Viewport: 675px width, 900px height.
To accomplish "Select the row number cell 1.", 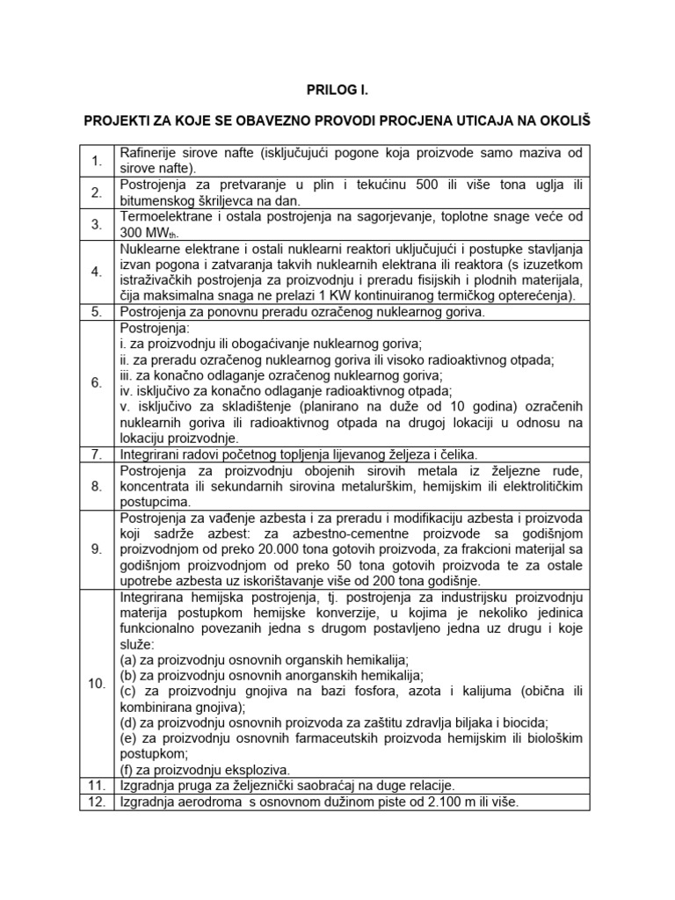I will [x=97, y=160].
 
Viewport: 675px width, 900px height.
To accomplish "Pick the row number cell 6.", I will [x=97, y=382].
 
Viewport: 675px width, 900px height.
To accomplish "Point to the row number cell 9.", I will [x=97, y=549].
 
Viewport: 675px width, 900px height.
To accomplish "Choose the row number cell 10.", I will [x=97, y=683].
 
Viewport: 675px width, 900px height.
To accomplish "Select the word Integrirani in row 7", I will [x=151, y=454].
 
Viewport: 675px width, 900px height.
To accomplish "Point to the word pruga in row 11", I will [x=201, y=785].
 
